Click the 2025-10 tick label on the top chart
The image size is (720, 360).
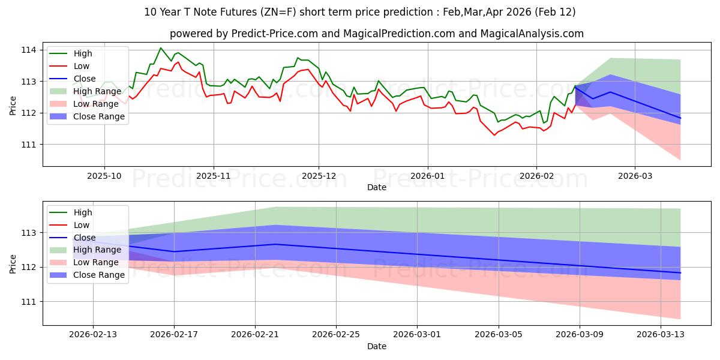click(x=104, y=176)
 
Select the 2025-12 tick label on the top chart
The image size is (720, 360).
click(x=319, y=176)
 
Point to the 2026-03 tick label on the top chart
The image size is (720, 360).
click(x=635, y=176)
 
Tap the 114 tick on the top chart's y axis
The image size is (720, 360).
click(x=28, y=50)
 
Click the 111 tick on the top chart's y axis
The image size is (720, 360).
click(x=28, y=145)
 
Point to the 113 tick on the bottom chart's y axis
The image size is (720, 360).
click(x=28, y=233)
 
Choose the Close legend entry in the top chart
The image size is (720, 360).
click(x=84, y=79)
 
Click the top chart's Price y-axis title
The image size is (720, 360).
click(x=14, y=105)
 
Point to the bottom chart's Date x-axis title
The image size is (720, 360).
click(x=376, y=346)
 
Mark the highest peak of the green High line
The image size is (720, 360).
click(x=160, y=48)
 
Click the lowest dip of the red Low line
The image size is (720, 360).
click(x=494, y=135)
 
